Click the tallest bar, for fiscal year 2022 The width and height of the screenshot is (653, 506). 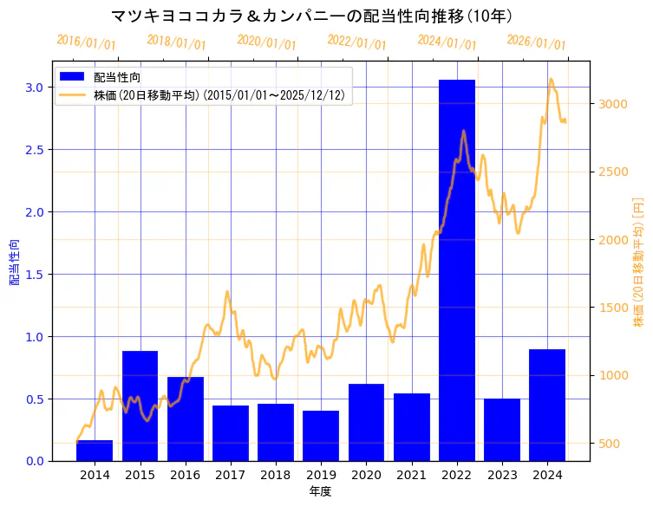(x=457, y=269)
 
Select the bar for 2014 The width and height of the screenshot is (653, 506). (x=95, y=451)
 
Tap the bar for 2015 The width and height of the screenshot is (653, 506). (x=140, y=405)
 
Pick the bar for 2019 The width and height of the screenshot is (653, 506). (x=321, y=436)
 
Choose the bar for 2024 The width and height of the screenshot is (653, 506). (x=547, y=405)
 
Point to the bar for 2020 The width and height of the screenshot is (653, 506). (x=366, y=422)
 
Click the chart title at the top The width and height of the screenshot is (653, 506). (x=312, y=16)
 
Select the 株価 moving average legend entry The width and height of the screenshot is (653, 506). (x=222, y=95)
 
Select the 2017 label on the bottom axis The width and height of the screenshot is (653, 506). (x=231, y=475)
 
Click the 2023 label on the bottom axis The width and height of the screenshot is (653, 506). (x=502, y=475)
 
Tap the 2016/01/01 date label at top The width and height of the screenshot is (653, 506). (x=86, y=42)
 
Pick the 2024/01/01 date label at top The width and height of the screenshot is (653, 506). (x=447, y=42)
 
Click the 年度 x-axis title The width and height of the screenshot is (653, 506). (x=320, y=491)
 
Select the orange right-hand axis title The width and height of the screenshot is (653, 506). (x=639, y=262)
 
